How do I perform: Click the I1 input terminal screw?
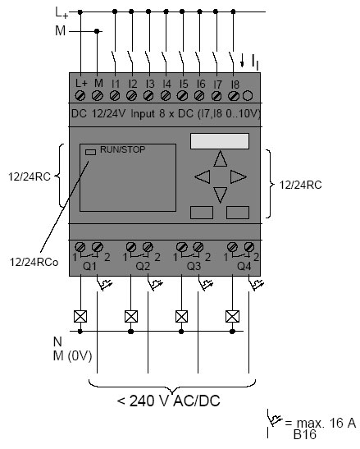click(115, 95)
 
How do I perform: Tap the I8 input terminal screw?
click(233, 96)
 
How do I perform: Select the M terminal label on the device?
click(98, 84)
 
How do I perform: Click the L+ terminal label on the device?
click(81, 84)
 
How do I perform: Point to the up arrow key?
click(221, 159)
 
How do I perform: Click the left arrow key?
click(202, 176)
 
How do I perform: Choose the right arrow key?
click(239, 176)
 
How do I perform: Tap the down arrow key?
click(221, 195)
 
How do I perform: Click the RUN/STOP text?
click(122, 149)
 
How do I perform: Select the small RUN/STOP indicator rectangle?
click(90, 152)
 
